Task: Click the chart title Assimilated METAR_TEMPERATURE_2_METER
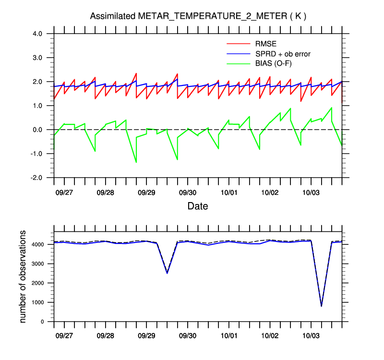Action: (x=198, y=16)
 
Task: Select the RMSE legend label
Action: (x=265, y=44)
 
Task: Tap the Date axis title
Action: (x=198, y=206)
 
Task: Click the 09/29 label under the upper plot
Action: (x=146, y=192)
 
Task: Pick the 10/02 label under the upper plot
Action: (x=270, y=192)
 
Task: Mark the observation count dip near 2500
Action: (x=167, y=273)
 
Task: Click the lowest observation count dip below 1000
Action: (x=321, y=306)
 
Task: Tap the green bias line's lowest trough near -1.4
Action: (x=136, y=162)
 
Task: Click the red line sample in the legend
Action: (x=238, y=44)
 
